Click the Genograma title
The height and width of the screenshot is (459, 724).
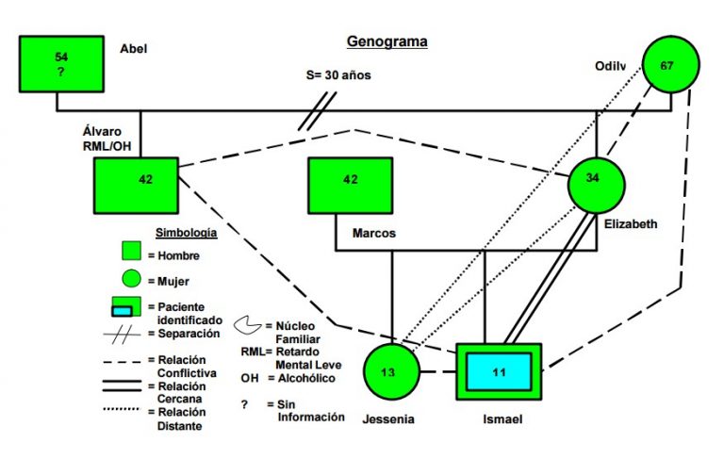pos(387,41)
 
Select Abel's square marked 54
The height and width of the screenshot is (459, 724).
pos(61,64)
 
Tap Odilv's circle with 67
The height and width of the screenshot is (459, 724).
pos(671,64)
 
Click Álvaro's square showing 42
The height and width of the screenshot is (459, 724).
pos(136,186)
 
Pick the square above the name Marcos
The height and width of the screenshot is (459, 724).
pos(351,186)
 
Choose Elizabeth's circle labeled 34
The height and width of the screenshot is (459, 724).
pos(596,185)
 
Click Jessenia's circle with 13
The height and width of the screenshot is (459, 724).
pos(391,371)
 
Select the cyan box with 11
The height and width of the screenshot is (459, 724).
pos(499,371)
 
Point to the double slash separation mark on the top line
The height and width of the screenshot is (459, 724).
pos(317,111)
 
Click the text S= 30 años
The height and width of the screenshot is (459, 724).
pos(338,74)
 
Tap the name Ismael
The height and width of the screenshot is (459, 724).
pos(502,419)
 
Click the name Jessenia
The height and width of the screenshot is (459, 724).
pos(388,419)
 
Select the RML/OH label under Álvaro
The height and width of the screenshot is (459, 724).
pos(107,146)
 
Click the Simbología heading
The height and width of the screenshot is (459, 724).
pos(186,232)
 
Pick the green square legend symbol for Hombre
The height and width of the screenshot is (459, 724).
pos(131,251)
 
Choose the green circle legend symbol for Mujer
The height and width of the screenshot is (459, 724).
pos(131,279)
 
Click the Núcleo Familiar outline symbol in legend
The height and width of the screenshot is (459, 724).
pos(248,325)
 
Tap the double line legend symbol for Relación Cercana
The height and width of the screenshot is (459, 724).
pos(122,386)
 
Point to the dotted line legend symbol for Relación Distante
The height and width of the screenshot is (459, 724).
pos(121,409)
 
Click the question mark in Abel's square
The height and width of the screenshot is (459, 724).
pos(61,72)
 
